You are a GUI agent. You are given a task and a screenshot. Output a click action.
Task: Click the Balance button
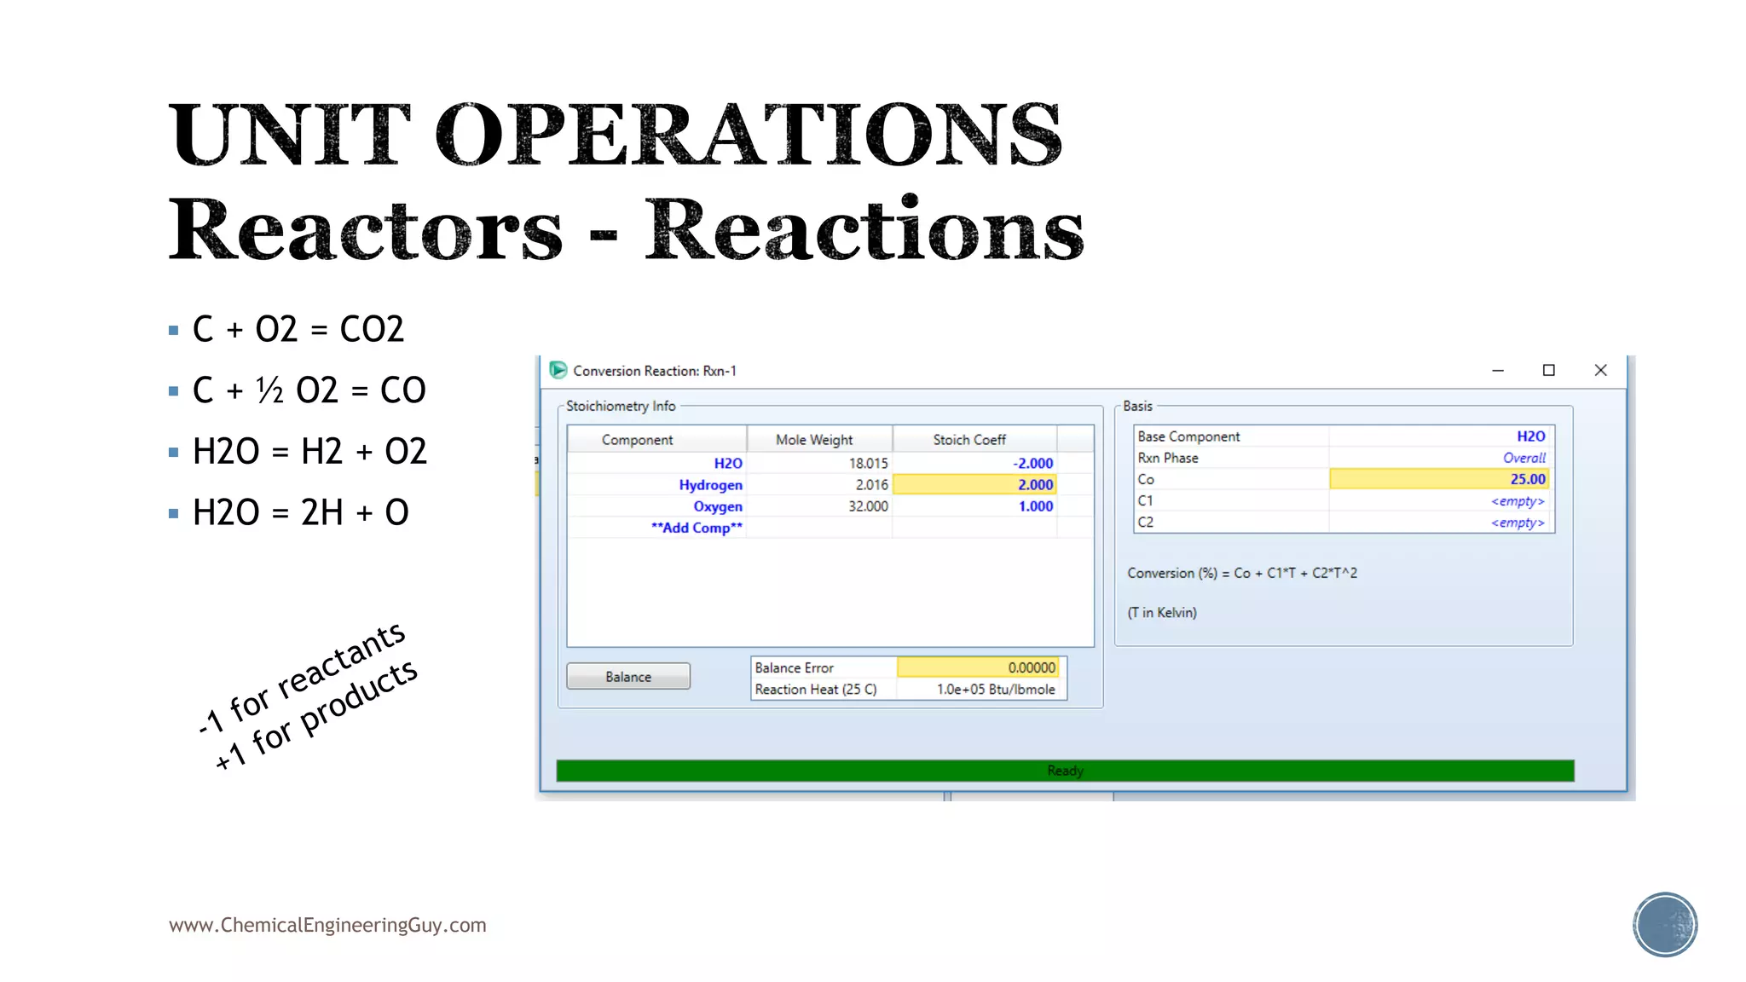(628, 677)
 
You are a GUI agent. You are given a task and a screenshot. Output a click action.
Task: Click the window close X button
(1600, 370)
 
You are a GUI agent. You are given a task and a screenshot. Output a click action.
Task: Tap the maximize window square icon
(1549, 370)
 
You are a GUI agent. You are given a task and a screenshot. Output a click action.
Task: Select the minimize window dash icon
(1498, 371)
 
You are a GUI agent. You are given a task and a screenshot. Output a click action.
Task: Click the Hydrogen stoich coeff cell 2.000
(974, 485)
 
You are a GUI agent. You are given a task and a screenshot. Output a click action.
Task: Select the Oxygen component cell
(717, 506)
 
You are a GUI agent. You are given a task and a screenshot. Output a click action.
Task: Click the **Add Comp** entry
(696, 528)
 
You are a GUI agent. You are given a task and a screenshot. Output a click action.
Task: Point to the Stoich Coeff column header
(969, 440)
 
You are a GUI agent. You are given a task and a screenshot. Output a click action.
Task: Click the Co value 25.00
(1439, 480)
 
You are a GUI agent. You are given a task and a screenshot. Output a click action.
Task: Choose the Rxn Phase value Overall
(1523, 458)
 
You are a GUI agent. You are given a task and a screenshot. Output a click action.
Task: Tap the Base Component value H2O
(1529, 436)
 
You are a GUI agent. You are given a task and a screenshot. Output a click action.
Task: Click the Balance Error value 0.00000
(978, 668)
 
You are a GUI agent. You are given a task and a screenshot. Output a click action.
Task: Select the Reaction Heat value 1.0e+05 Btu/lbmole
(995, 690)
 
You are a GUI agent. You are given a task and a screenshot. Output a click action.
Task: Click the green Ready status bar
(1065, 771)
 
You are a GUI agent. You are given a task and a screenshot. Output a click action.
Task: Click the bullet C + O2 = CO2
(298, 329)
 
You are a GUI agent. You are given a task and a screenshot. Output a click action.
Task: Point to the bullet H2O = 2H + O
(300, 512)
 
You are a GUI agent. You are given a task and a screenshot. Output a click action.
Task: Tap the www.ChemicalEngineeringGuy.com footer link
(327, 925)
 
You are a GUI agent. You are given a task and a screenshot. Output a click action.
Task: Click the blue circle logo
(1664, 925)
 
